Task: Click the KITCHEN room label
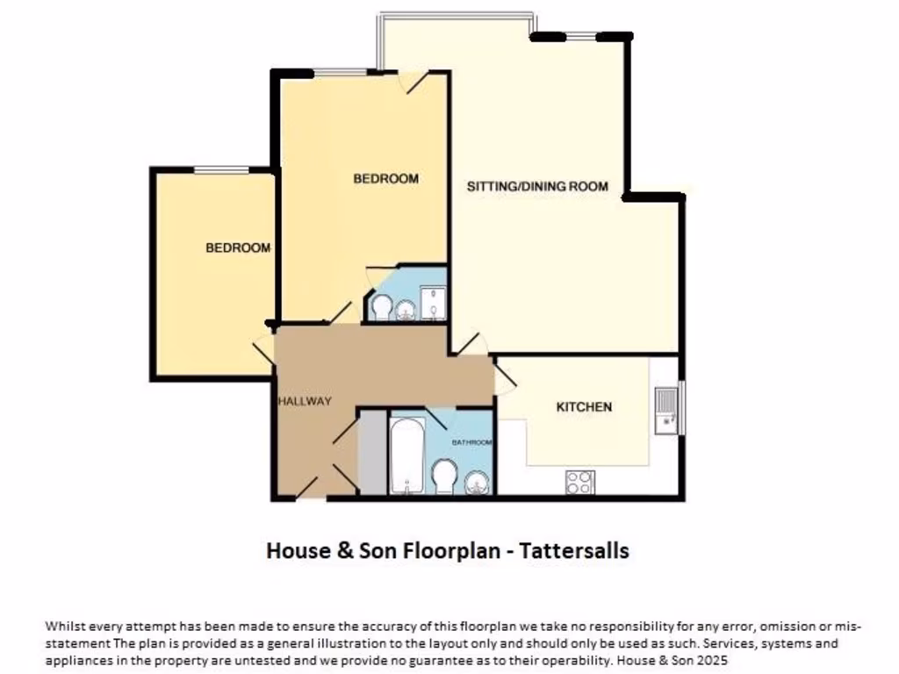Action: tap(584, 407)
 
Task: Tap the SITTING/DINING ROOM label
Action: tap(536, 186)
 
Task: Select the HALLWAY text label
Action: tap(305, 402)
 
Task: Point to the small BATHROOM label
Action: tap(471, 442)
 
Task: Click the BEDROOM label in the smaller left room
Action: tap(238, 248)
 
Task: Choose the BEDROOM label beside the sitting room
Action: tap(385, 179)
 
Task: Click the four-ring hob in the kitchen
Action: tap(579, 482)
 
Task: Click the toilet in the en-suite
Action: tap(382, 307)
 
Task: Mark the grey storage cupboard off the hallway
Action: tap(372, 452)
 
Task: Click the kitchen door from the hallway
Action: tap(504, 378)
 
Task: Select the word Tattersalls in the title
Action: tap(574, 551)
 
